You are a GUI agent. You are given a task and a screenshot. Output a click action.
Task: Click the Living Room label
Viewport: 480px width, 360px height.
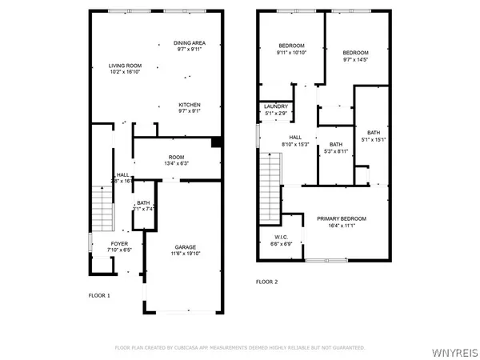pyautogui.click(x=126, y=66)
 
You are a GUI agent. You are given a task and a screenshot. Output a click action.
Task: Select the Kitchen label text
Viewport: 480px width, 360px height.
pyautogui.click(x=190, y=106)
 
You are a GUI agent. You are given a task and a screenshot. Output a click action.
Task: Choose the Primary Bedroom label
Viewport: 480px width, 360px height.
pyautogui.click(x=342, y=219)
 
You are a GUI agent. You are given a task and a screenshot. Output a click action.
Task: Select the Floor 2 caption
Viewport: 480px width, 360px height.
pyautogui.click(x=267, y=282)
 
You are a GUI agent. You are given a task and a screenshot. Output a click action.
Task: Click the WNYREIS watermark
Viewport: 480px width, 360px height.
pyautogui.click(x=454, y=350)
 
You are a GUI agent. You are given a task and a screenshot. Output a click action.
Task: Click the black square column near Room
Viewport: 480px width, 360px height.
pyautogui.click(x=214, y=143)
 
